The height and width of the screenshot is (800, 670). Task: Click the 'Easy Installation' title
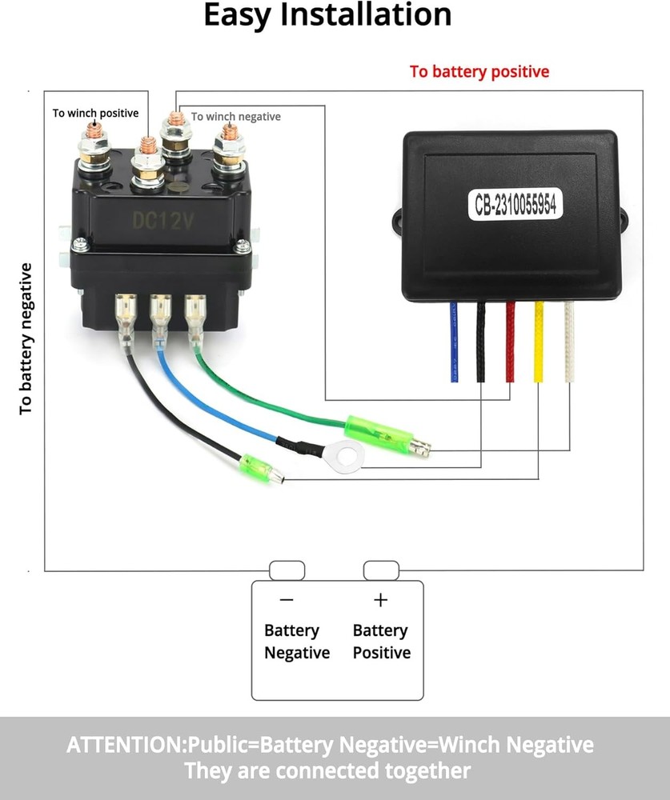coord(327,15)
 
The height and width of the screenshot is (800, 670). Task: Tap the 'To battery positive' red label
coord(479,71)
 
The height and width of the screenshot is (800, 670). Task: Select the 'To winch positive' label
coord(95,114)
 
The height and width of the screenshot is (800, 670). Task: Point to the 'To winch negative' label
coord(236,117)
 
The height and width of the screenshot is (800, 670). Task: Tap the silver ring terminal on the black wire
coord(346,456)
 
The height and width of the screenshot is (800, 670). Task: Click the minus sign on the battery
coord(287,600)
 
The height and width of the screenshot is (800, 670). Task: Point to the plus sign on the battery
coord(381,600)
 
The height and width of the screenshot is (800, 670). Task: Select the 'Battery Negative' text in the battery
coord(297,642)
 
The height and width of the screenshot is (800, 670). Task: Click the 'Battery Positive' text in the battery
coord(382,642)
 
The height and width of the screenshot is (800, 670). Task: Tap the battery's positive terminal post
coord(381,570)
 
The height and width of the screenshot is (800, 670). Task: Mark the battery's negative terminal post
coord(287,570)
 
